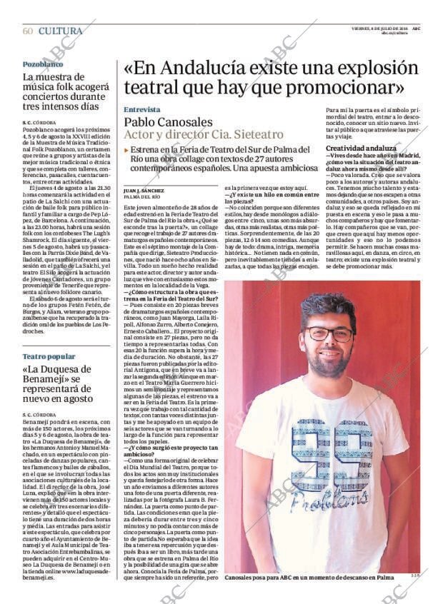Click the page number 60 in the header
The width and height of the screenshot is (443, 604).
pos(28,31)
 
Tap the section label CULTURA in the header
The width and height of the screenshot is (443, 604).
pos(60,31)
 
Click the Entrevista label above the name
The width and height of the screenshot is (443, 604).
pos(141,110)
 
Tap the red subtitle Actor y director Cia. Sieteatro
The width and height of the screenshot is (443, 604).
pos(204,134)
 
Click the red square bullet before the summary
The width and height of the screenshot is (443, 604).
pos(126,150)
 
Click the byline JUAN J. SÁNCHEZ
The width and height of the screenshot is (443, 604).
pos(144,191)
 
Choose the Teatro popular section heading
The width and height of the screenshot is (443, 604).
pos(49,356)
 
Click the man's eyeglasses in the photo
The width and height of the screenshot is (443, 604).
pos(329,334)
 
